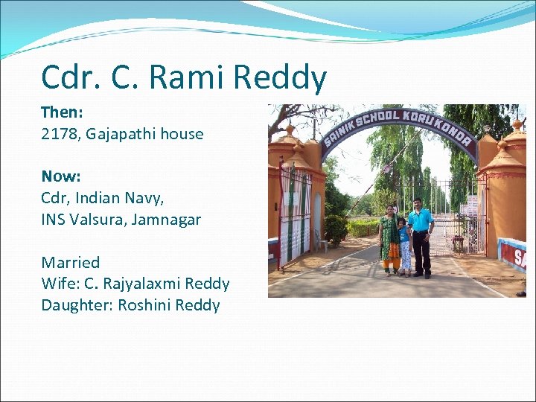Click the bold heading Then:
[61, 112]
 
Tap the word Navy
[146, 198]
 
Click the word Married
[70, 262]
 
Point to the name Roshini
[147, 305]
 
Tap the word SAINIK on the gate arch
[339, 130]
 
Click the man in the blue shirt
[421, 234]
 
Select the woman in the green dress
[389, 238]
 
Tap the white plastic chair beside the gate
[321, 240]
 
